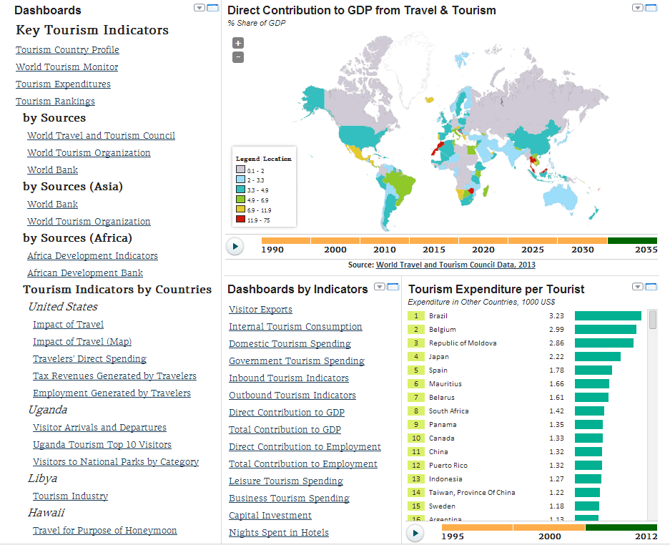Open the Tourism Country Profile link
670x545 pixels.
[67, 50]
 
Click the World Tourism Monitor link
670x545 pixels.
[67, 67]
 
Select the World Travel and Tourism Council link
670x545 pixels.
[101, 136]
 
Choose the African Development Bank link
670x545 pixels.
[85, 273]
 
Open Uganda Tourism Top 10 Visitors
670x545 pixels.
[102, 445]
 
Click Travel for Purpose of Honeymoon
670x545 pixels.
[104, 531]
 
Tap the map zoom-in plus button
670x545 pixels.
[238, 43]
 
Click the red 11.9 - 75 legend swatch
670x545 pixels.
[241, 220]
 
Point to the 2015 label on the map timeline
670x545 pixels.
[433, 250]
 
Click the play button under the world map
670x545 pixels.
[235, 246]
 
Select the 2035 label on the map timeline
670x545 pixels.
[646, 250]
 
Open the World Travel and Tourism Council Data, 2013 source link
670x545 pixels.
[455, 265]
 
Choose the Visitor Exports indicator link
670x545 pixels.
[260, 310]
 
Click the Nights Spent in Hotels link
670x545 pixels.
[279, 533]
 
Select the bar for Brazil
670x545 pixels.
[608, 315]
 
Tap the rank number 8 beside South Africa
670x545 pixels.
[415, 411]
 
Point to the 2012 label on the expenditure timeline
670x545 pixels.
[646, 536]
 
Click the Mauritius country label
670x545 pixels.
[445, 384]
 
